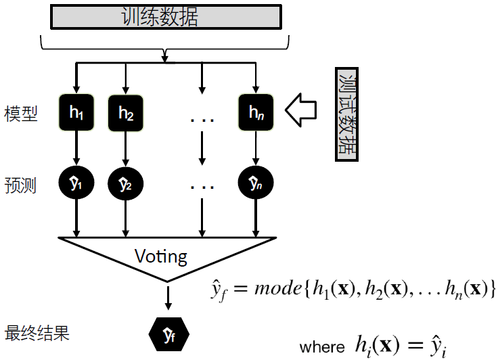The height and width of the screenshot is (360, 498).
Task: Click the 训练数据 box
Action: [x=164, y=17]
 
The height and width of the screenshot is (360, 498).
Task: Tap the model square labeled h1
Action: [x=76, y=112]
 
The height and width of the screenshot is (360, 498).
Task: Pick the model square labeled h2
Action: [x=126, y=112]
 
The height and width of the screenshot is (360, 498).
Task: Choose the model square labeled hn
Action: [x=255, y=112]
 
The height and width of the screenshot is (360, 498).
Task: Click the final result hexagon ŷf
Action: [x=168, y=334]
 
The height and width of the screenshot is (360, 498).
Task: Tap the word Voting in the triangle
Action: [x=161, y=256]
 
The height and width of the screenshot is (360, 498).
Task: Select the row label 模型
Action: [x=20, y=113]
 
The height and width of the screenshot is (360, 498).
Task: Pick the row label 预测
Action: [x=20, y=185]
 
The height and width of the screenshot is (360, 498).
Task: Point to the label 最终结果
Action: [x=37, y=334]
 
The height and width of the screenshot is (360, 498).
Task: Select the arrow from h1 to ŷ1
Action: [x=76, y=148]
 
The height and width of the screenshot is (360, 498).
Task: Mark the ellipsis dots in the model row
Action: [x=202, y=120]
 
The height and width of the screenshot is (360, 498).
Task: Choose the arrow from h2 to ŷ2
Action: [x=126, y=148]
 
